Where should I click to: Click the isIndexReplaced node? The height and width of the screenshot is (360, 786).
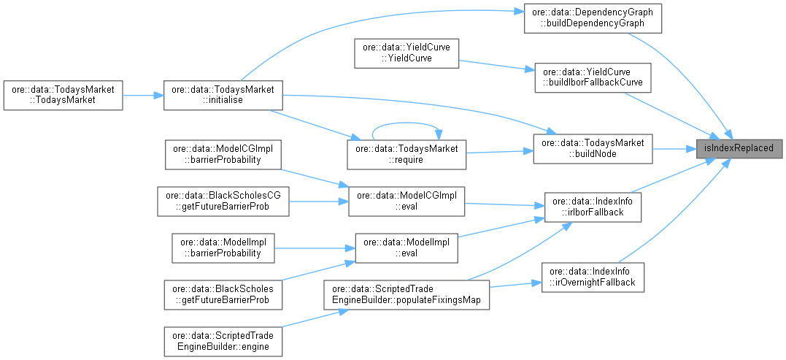click(x=739, y=148)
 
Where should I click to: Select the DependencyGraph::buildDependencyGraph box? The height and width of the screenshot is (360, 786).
click(x=593, y=18)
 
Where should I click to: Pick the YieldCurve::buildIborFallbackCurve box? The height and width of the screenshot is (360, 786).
click(x=593, y=77)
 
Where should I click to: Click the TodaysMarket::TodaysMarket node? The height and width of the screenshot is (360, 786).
click(x=62, y=95)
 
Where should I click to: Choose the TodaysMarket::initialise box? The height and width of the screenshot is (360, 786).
click(x=223, y=95)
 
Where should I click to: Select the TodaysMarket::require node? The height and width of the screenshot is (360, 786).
click(x=407, y=154)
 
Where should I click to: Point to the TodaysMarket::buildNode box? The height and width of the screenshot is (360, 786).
click(x=593, y=148)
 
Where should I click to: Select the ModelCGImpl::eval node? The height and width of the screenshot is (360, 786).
click(x=407, y=202)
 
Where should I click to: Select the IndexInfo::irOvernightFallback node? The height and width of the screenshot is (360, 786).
click(x=593, y=277)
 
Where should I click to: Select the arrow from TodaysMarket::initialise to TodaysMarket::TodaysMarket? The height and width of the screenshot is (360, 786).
click(x=142, y=95)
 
